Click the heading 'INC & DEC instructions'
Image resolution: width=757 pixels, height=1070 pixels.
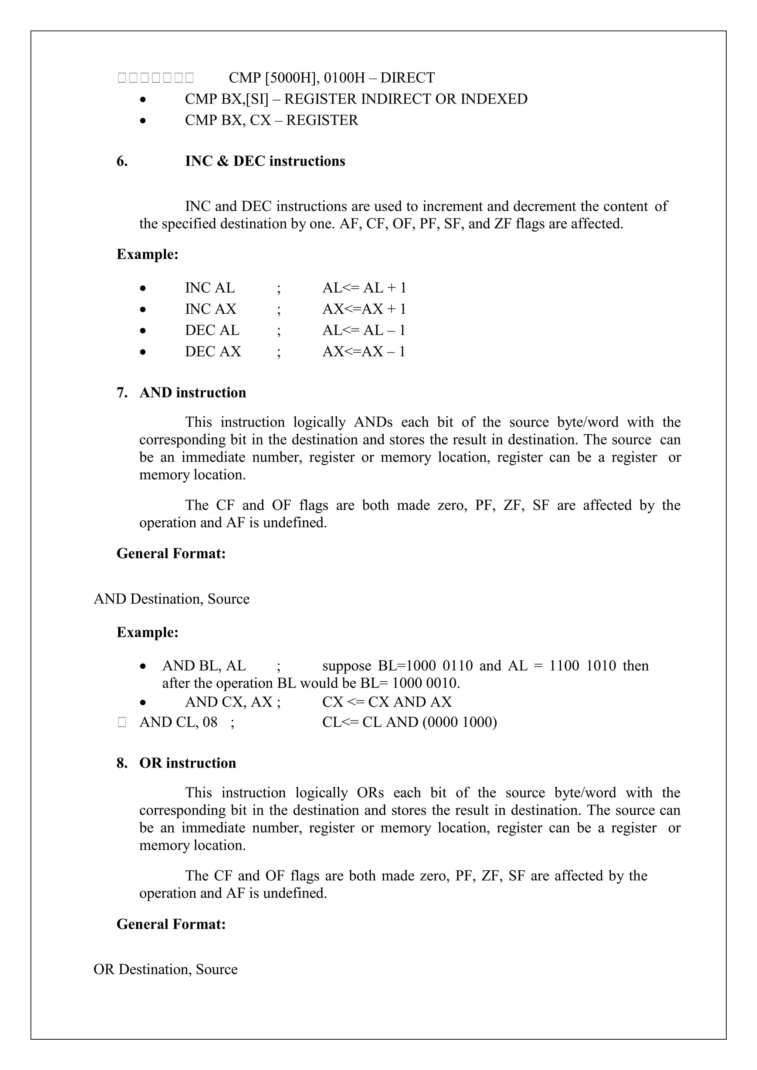(265, 161)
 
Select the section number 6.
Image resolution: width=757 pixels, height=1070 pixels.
(122, 161)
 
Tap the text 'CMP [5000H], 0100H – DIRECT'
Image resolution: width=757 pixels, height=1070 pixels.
(332, 78)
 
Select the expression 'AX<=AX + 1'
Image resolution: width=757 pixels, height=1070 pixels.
(364, 309)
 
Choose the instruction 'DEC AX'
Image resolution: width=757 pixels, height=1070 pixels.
(213, 351)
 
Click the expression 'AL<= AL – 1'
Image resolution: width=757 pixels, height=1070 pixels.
(364, 330)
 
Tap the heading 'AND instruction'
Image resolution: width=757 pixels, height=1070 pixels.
(193, 393)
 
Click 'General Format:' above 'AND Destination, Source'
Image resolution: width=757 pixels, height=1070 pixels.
(171, 553)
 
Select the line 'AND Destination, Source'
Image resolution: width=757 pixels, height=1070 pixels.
(172, 599)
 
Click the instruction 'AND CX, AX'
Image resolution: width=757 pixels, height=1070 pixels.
(229, 702)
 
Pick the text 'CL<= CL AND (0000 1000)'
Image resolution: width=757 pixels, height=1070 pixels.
(409, 722)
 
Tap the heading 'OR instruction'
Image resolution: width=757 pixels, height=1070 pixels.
(187, 763)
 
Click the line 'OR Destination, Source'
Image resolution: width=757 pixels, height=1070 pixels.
(166, 970)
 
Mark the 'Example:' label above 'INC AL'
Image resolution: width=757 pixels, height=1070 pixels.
(147, 255)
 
